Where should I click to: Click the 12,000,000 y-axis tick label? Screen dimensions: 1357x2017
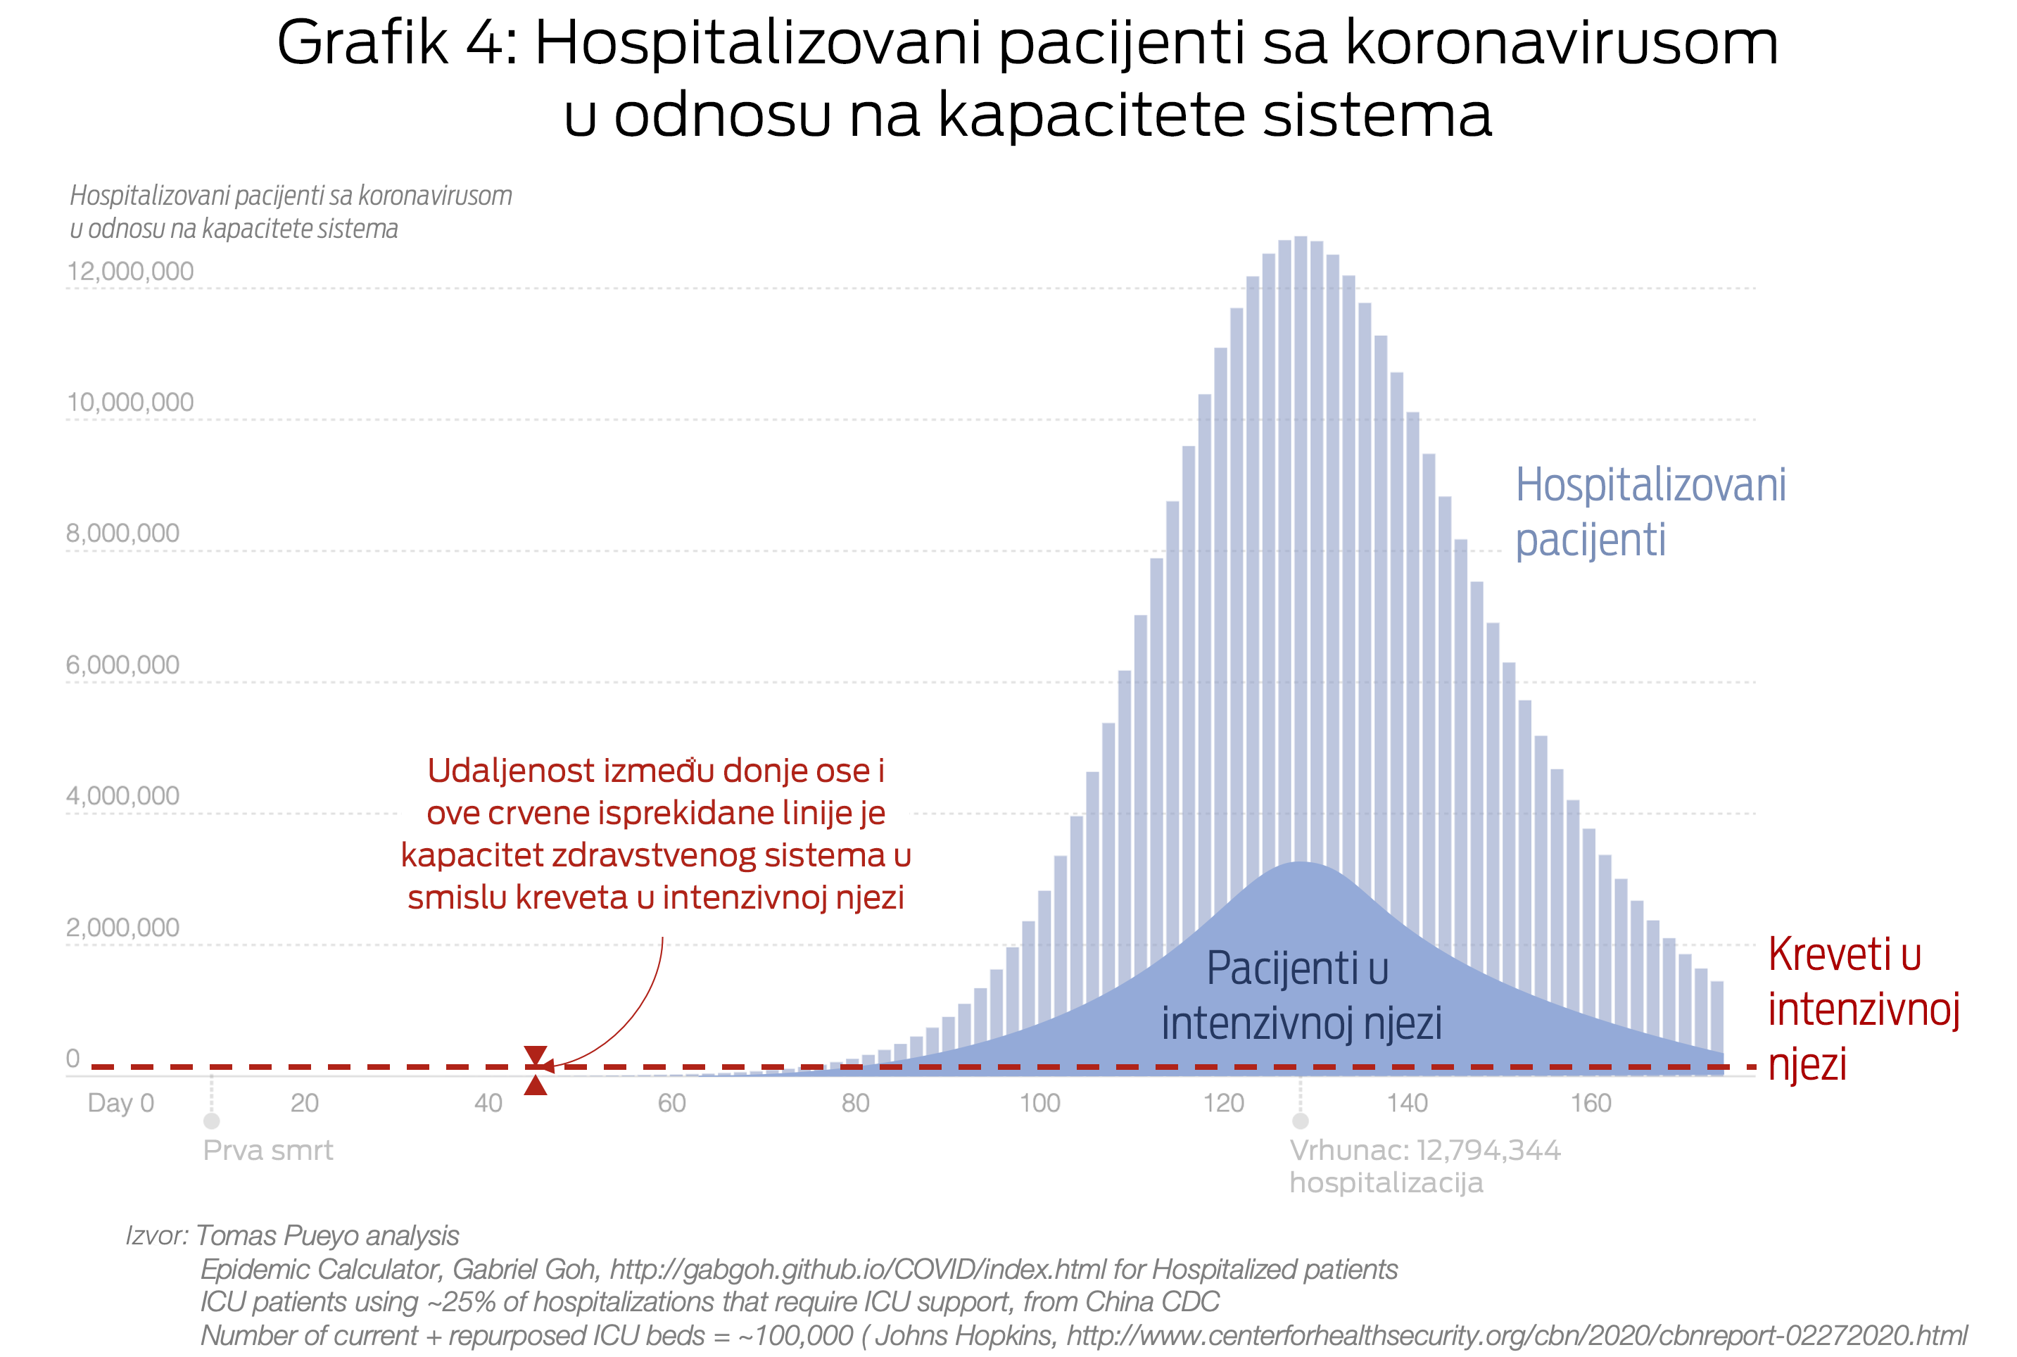pos(131,272)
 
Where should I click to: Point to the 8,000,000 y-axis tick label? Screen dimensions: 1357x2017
pos(123,533)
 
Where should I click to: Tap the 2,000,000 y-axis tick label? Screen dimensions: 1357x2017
pos(123,928)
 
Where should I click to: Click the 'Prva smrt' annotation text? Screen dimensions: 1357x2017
pos(267,1150)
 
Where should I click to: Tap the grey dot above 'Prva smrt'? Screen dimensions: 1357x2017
pos(211,1121)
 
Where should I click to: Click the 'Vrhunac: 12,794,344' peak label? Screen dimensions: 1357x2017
pos(1424,1150)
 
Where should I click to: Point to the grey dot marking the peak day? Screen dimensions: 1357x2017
pos(1300,1121)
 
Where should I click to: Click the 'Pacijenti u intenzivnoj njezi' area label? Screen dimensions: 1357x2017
pos(1300,995)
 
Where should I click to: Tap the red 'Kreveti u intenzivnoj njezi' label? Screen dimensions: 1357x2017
pos(1862,1009)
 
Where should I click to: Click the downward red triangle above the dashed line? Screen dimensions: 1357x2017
pos(536,1054)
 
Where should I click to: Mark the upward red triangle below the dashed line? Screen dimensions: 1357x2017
pos(536,1085)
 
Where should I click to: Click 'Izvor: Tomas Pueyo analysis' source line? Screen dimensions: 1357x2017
pos(293,1235)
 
